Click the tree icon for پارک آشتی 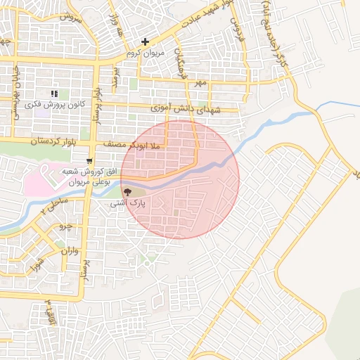(x=127, y=191)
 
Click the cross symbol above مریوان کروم (x=145, y=42)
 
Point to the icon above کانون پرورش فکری (x=55, y=94)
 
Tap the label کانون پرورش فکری (x=56, y=104)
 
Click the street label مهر (x=202, y=83)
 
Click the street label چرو (x=64, y=226)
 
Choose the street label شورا (x=34, y=265)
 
